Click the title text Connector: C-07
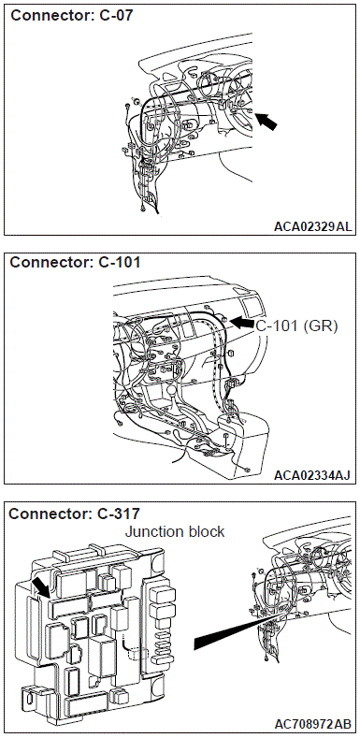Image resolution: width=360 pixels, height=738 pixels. tap(72, 16)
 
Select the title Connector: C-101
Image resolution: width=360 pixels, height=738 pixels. tap(76, 262)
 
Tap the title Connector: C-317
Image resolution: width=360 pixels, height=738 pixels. tap(75, 514)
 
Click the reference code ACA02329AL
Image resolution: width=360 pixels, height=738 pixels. tap(312, 227)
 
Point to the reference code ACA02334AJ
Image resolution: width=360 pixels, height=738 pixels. tap(312, 475)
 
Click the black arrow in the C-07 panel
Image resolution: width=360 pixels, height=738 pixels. tap(266, 122)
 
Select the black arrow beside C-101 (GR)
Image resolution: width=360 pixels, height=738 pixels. tap(242, 323)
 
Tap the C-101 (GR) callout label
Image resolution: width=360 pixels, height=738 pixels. tap(297, 326)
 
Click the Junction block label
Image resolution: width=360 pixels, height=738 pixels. tap(175, 532)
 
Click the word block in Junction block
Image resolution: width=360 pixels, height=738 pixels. tap(205, 532)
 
